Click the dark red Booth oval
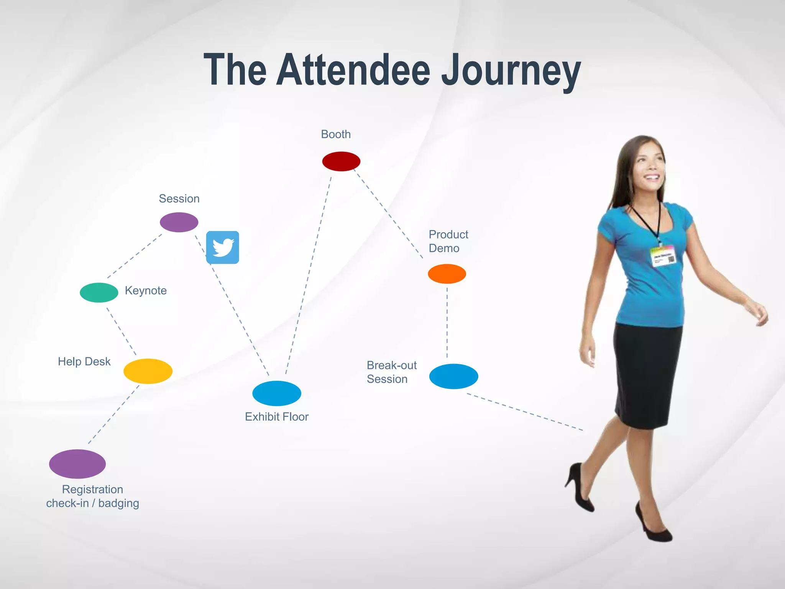point(341,161)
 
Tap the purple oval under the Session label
point(179,222)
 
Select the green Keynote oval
point(99,293)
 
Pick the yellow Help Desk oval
point(148,371)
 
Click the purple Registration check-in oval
point(77,464)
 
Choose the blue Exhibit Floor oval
point(277,393)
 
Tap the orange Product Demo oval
point(447,274)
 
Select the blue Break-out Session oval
point(453,376)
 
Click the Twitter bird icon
point(223,247)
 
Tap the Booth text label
point(336,134)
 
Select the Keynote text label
point(146,291)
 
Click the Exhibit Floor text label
point(277,417)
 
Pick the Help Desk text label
point(84,362)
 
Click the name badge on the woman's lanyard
point(663,256)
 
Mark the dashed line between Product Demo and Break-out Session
point(447,322)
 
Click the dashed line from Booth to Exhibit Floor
point(309,276)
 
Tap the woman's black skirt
point(648,376)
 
